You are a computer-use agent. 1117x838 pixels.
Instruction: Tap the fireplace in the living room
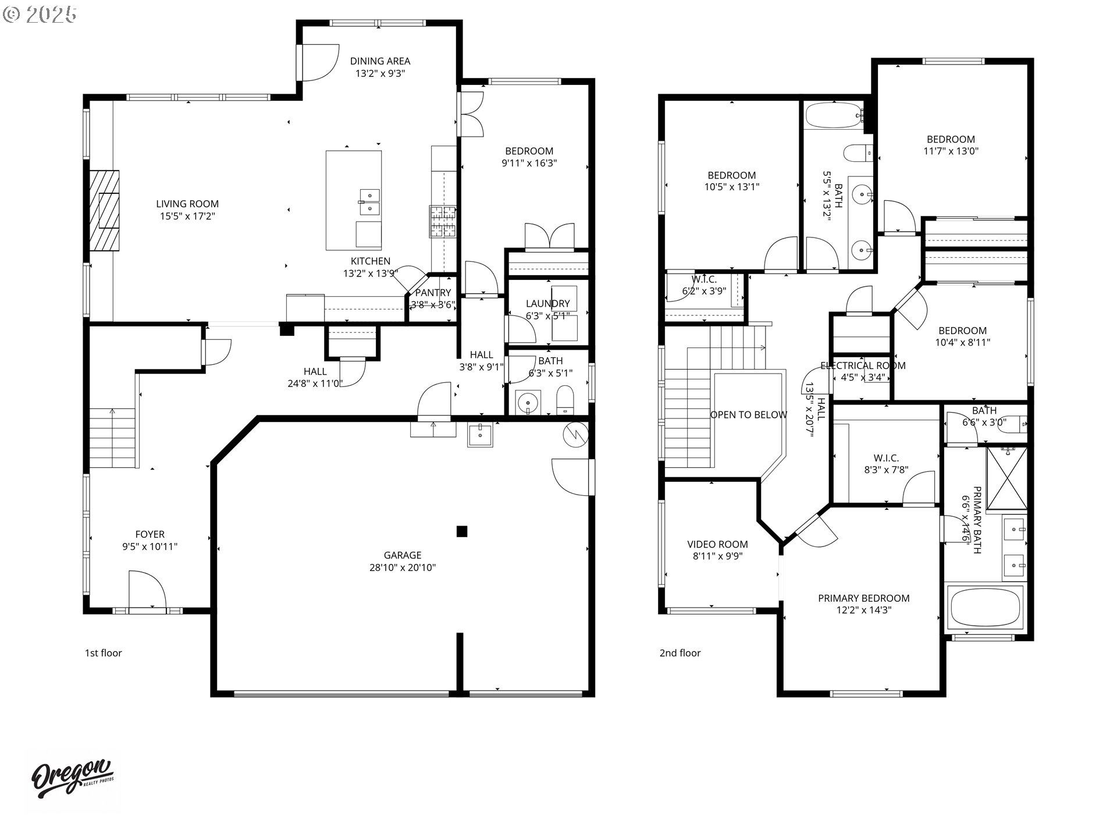(x=104, y=210)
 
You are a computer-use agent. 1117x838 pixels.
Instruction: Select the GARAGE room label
(x=402, y=555)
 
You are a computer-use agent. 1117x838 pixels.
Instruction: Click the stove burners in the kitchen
(x=443, y=221)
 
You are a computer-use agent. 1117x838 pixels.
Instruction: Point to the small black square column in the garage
(x=462, y=531)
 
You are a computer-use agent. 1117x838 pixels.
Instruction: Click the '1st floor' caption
(x=104, y=653)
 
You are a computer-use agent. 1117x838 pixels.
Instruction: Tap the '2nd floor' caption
(x=680, y=653)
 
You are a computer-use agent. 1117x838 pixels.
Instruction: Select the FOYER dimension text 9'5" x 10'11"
(x=150, y=546)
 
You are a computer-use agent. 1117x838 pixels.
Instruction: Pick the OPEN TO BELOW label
(x=748, y=415)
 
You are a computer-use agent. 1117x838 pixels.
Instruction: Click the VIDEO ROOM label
(x=717, y=544)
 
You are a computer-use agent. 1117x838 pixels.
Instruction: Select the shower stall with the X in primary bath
(x=1008, y=478)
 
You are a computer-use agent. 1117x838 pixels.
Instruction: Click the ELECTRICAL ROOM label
(x=863, y=365)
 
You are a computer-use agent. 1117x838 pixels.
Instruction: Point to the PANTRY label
(x=433, y=293)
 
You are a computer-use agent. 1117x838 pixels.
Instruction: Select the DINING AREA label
(x=380, y=61)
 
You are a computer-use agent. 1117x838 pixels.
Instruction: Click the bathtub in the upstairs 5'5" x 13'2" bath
(x=834, y=115)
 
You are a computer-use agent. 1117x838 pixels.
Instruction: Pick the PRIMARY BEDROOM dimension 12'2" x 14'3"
(x=863, y=610)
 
